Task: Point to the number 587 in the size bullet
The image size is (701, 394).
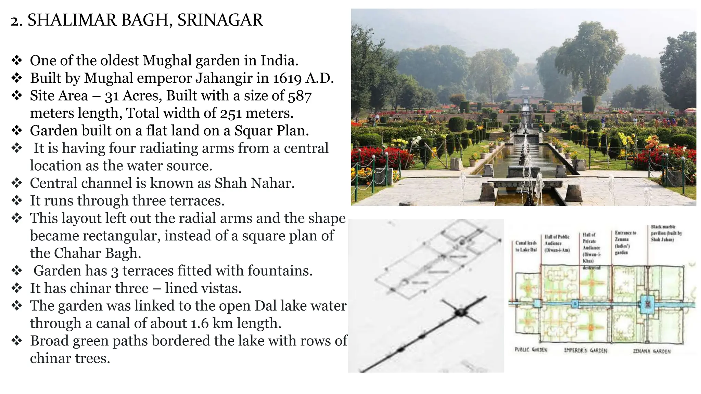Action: (299, 96)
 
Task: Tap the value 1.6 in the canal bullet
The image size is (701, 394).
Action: (199, 324)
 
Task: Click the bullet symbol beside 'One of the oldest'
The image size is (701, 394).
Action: (17, 61)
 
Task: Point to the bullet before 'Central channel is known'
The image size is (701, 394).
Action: (17, 183)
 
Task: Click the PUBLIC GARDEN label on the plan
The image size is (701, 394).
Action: (531, 350)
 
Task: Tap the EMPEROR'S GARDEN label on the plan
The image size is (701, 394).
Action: (586, 351)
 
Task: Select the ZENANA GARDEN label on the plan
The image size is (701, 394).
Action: (652, 351)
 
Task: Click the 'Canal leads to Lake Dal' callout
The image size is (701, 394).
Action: (526, 246)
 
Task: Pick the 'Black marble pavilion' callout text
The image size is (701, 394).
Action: (666, 233)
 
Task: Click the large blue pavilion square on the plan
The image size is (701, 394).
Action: (647, 304)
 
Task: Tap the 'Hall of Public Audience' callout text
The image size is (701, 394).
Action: (557, 243)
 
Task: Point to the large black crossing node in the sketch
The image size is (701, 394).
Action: (461, 312)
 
